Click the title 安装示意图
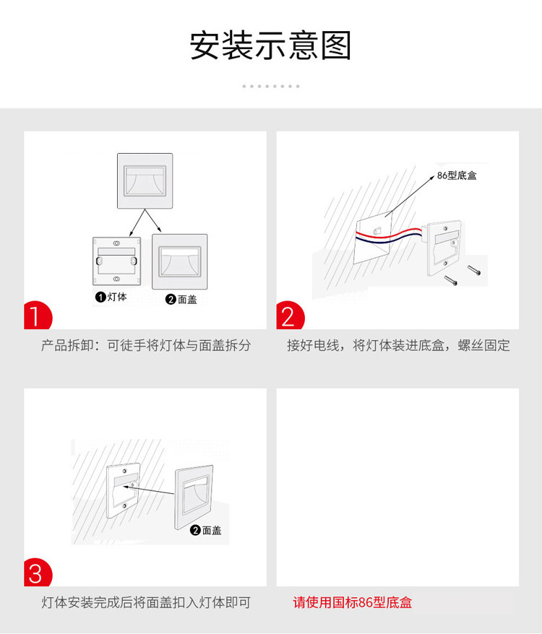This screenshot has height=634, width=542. (x=270, y=45)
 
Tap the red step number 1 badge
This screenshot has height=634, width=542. (x=38, y=316)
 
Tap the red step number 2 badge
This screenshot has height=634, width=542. (x=290, y=316)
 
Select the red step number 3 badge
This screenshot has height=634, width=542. (x=38, y=573)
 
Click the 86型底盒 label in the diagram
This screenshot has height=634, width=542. (x=457, y=175)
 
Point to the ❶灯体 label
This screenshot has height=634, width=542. (x=111, y=298)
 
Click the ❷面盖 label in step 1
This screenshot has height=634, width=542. (x=181, y=299)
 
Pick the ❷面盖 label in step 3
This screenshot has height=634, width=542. (x=206, y=530)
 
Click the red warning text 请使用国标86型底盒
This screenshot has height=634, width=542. (x=352, y=602)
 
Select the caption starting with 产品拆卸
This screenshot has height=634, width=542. (x=146, y=345)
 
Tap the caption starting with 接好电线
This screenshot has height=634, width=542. (x=398, y=345)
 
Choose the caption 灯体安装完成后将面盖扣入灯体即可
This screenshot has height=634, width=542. (x=146, y=602)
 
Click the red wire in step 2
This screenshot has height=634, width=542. (x=389, y=233)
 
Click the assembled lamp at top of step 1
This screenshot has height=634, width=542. (x=145, y=181)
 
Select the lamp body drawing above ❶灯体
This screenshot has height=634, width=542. (x=117, y=261)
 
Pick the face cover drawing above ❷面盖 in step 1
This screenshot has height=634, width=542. (x=180, y=261)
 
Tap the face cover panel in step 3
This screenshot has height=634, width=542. (x=194, y=498)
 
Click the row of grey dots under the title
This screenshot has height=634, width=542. (x=271, y=86)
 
